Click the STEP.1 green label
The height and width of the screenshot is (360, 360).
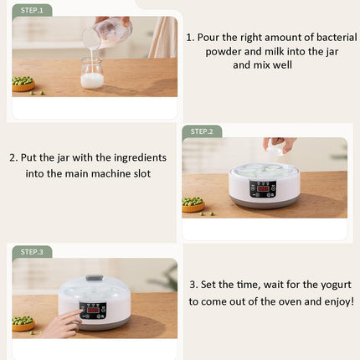tap(32, 10)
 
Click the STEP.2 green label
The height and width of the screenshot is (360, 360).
tap(202, 131)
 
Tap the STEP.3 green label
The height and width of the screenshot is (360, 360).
tap(32, 251)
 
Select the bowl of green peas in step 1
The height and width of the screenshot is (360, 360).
tap(23, 84)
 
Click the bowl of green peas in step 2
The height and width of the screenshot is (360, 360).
tap(193, 204)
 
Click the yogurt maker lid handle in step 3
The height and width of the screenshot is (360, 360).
tap(95, 278)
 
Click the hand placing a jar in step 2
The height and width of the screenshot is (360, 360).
tap(279, 145)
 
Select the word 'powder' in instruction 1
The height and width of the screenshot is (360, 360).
tap(224, 51)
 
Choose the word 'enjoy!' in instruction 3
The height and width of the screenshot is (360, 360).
tap(333, 301)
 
